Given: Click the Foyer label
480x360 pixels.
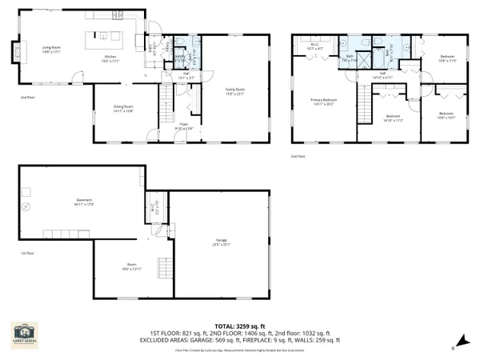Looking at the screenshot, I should tap(182, 126).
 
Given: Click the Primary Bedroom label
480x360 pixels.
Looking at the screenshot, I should tap(322, 101).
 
